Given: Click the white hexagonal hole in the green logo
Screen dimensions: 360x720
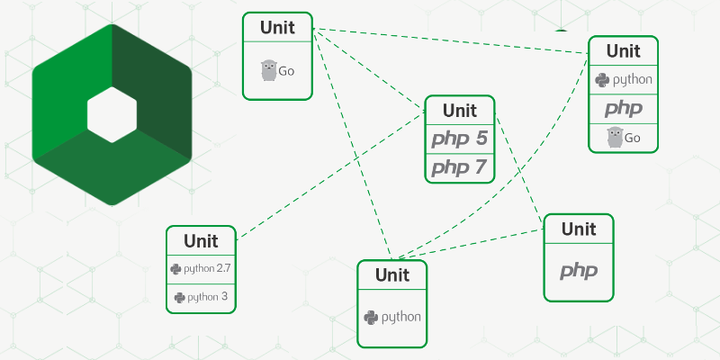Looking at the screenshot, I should pos(112,114).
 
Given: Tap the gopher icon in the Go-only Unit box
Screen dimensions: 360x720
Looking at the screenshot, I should pos(267,70).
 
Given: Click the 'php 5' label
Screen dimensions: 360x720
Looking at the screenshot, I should pos(459,139).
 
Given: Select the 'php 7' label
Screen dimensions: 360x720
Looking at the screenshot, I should pos(459,167).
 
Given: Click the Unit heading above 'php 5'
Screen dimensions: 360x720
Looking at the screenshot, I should pos(460,111).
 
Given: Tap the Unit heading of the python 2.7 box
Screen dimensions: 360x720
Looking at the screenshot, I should pos(201,241).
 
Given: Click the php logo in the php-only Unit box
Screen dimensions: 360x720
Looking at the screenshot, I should pos(579,270).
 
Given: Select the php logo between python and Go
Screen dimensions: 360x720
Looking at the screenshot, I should pos(623,109).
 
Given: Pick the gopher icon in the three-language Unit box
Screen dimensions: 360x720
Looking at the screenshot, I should pos(615,137).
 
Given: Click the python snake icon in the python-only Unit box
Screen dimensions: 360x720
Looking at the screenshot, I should pos(370,317).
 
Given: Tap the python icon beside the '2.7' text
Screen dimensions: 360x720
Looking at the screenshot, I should pos(175,268).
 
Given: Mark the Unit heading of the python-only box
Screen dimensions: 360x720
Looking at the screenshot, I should pos(392,275).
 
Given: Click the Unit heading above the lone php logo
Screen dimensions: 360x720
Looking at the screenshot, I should pos(579,229).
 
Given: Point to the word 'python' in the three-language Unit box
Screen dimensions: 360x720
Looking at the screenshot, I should pos(633,80).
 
